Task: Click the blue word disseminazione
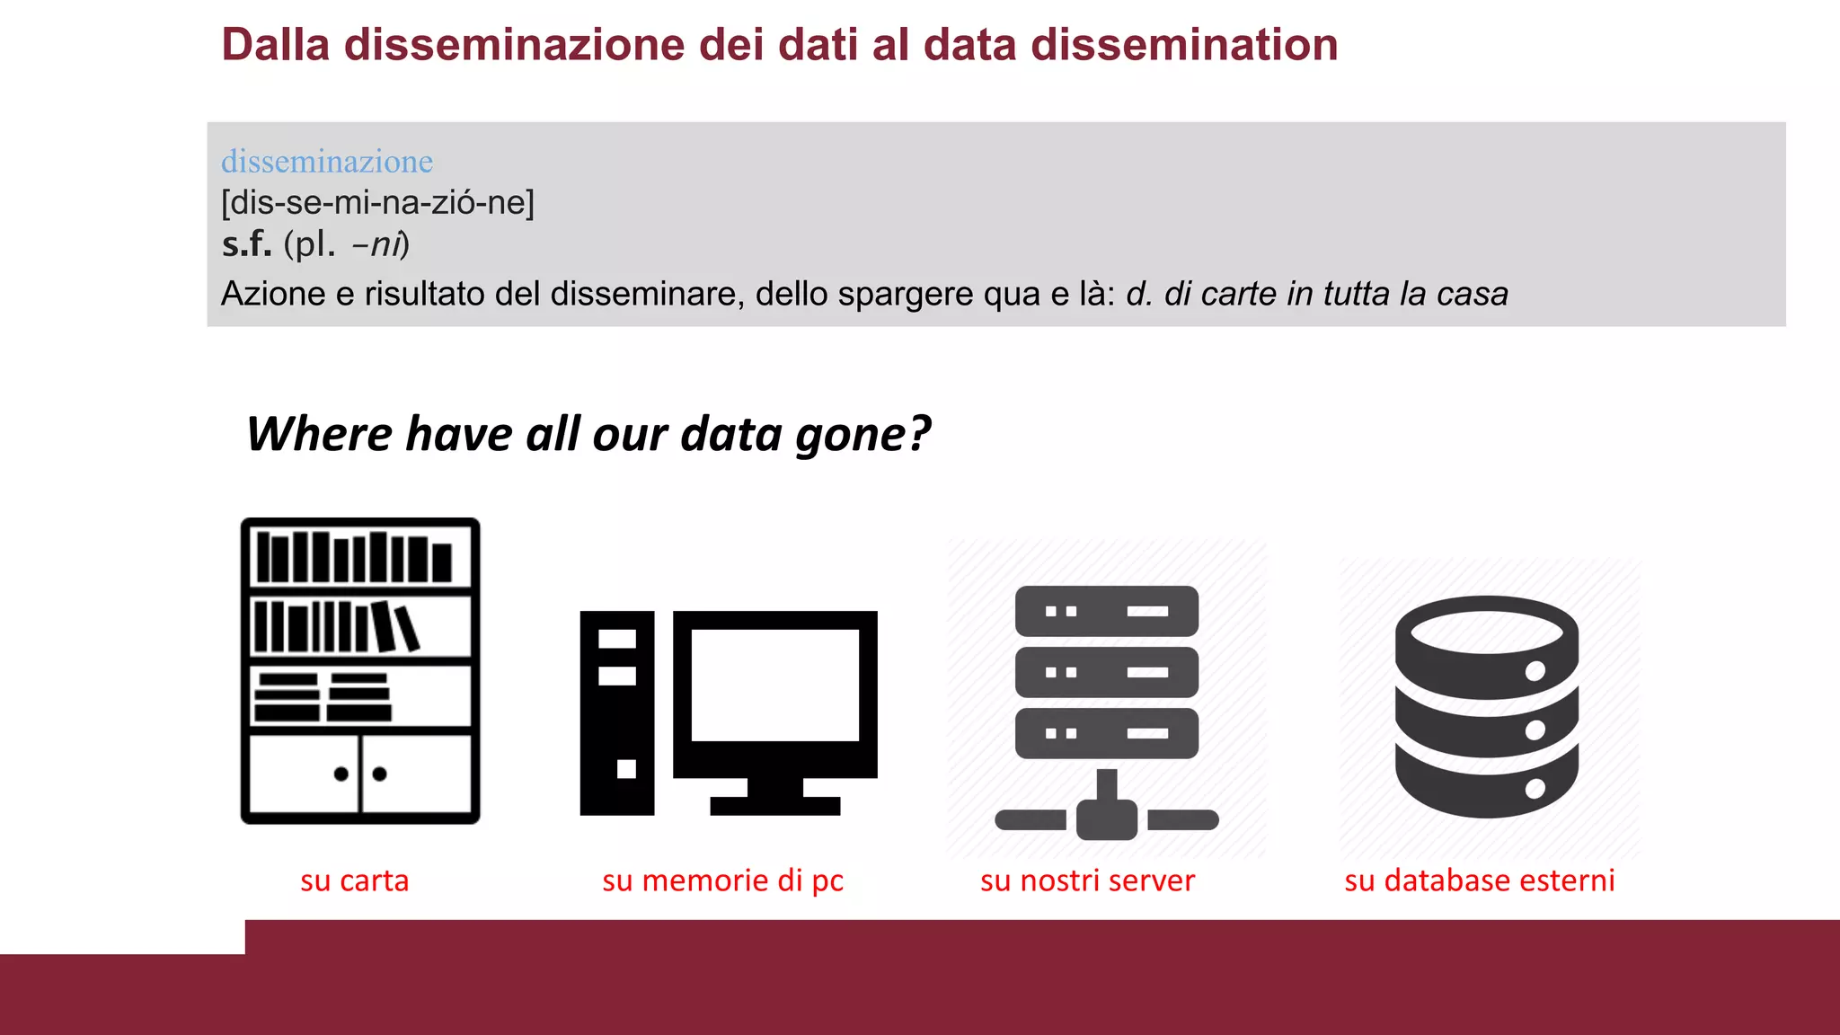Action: (327, 162)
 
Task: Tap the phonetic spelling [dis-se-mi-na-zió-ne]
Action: (377, 203)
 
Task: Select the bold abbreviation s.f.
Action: (246, 244)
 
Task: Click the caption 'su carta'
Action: (354, 880)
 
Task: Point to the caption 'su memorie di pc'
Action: (722, 880)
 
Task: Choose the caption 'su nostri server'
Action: (1087, 880)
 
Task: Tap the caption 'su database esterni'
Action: (1479, 880)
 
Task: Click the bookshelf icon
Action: (360, 670)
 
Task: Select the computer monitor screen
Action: (774, 685)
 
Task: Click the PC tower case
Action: (616, 712)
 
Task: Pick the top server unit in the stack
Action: (1106, 612)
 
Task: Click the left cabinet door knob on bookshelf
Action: (341, 774)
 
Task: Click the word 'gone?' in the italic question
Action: (863, 436)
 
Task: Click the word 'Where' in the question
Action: (320, 435)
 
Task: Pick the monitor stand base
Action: (774, 805)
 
